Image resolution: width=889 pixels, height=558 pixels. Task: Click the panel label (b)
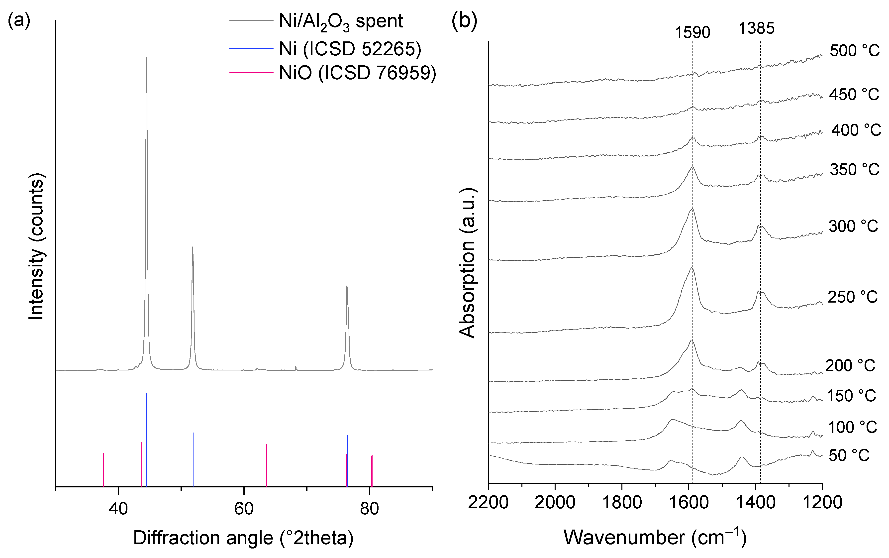(x=464, y=21)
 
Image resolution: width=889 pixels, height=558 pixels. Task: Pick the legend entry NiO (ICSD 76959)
(x=357, y=73)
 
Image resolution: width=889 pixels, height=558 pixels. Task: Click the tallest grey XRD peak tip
(x=146, y=58)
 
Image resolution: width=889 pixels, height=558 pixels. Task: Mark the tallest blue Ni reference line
(x=147, y=439)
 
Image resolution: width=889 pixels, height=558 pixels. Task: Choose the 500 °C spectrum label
(x=854, y=51)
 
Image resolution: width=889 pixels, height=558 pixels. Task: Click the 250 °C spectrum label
(x=853, y=297)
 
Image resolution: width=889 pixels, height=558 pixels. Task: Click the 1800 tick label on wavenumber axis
(x=622, y=503)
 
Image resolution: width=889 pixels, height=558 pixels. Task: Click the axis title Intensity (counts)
(x=36, y=246)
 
